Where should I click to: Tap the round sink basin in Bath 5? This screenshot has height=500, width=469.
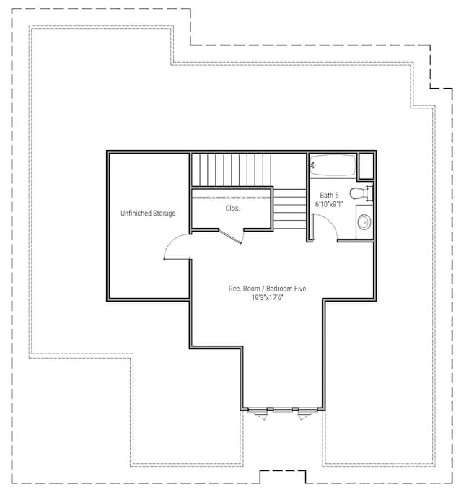[364, 222]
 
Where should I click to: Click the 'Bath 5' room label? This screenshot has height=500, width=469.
[329, 196]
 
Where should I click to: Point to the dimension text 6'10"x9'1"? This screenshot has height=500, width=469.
[329, 205]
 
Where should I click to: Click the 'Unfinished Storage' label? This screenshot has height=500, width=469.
[148, 214]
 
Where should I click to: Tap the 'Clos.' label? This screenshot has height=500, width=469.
[232, 208]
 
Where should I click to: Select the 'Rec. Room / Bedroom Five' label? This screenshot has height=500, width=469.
[258, 289]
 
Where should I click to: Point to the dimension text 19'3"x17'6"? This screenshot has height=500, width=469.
[258, 298]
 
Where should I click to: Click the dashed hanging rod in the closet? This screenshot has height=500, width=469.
[232, 197]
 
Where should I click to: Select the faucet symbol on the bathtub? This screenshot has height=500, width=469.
[312, 165]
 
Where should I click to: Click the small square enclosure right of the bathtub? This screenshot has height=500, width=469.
[367, 167]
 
